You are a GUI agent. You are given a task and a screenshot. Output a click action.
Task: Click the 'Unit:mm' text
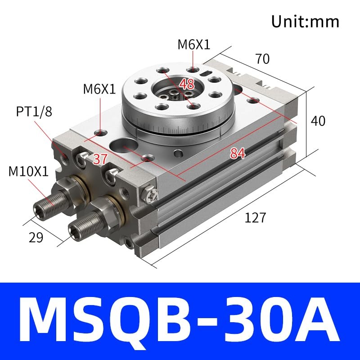(305, 21)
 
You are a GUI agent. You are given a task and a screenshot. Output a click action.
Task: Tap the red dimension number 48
(188, 84)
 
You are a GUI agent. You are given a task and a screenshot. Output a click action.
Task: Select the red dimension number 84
(237, 153)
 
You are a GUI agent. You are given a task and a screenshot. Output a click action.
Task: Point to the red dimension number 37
(100, 158)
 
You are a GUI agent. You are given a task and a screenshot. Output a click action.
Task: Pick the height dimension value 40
(318, 121)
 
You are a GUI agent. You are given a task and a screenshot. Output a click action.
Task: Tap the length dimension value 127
(256, 218)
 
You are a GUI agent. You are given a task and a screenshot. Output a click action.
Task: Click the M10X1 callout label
(28, 171)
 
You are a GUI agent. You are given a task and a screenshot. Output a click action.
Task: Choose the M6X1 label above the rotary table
(193, 44)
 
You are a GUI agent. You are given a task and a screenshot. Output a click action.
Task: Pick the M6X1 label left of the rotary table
(99, 89)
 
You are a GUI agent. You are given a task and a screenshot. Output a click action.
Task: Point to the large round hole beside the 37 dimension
(121, 146)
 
